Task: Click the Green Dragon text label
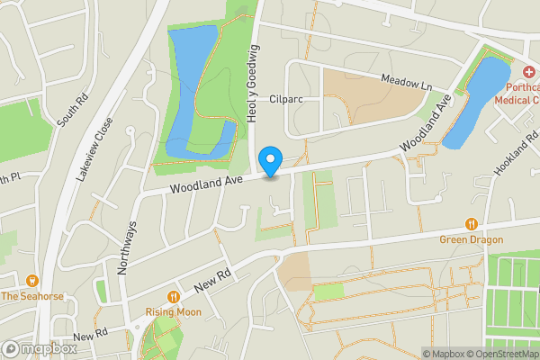(471, 239)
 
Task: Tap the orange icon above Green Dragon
(471, 224)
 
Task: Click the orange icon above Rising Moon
(174, 297)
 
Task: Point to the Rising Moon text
(174, 312)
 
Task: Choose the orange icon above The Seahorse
(33, 281)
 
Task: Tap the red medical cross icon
(528, 71)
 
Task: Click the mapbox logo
(39, 348)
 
